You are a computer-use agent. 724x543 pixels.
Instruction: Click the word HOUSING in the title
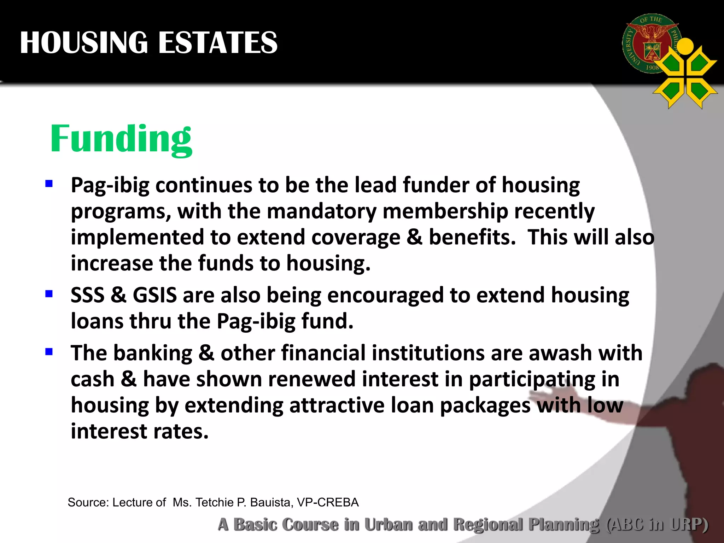point(84,43)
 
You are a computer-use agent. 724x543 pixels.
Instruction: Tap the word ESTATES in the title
point(217,43)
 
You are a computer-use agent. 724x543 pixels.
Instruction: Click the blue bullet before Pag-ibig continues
point(49,183)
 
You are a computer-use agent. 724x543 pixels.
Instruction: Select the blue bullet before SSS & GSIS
point(49,294)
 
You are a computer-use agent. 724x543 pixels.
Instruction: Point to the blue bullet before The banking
point(49,351)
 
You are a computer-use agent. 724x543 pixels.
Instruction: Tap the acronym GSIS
point(154,295)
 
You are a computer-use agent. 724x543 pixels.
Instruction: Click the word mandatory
point(321,211)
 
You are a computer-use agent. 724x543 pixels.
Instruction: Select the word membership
point(445,211)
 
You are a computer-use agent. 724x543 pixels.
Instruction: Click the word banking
point(153,354)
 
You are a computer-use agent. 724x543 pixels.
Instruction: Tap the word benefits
point(472,237)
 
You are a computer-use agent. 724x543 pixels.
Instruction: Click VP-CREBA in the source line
point(328,502)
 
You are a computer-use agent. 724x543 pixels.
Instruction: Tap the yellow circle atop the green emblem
point(686,46)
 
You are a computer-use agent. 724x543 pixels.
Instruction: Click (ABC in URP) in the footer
point(657,524)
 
